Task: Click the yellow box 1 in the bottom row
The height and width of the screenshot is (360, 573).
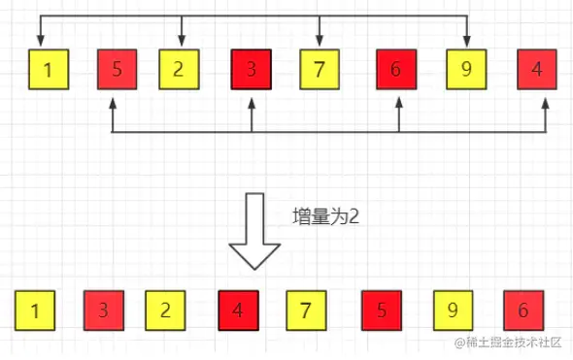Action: click(x=35, y=311)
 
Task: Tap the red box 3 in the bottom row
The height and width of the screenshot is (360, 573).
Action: click(x=103, y=311)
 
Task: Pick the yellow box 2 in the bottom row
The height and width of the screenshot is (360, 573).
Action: click(x=165, y=311)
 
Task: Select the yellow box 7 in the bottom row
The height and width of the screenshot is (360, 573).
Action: click(x=305, y=311)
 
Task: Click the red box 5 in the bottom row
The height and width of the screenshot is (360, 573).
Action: click(x=381, y=311)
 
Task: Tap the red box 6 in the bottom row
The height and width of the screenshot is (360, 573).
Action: click(x=523, y=311)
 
